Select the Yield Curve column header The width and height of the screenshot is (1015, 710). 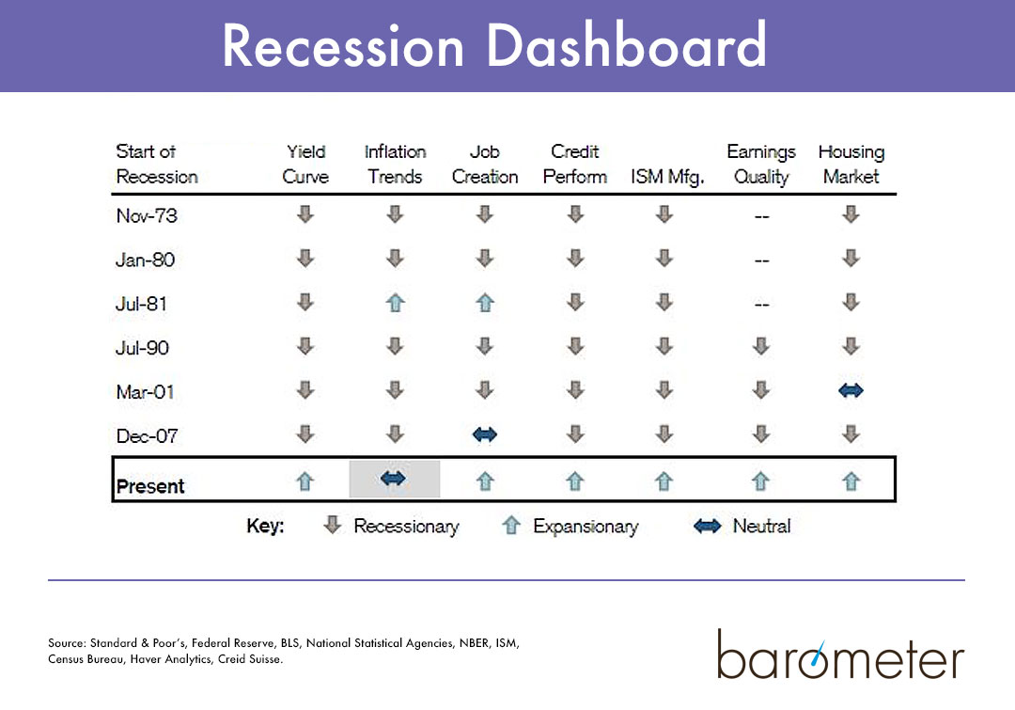(x=305, y=164)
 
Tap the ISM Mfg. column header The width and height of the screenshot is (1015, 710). (x=667, y=177)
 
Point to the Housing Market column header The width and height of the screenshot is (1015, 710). (x=851, y=164)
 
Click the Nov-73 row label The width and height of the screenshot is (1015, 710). (x=147, y=215)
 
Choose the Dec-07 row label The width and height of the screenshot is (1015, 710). (x=147, y=435)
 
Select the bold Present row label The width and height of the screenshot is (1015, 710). (x=150, y=486)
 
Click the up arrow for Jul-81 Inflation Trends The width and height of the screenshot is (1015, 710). (x=395, y=304)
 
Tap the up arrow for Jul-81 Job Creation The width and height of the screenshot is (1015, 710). (x=485, y=304)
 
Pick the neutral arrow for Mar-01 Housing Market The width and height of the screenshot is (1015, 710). (x=851, y=391)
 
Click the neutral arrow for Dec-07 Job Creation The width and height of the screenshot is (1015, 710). (x=485, y=434)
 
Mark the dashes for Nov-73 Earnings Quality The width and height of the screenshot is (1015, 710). (x=761, y=216)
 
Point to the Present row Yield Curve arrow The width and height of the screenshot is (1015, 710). (x=305, y=481)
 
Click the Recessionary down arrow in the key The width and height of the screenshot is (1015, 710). (x=332, y=526)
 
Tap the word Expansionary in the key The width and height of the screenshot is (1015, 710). (x=585, y=527)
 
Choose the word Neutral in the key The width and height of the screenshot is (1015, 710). (x=761, y=527)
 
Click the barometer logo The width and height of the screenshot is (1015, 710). (x=840, y=655)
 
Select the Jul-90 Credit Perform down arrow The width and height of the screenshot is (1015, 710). (x=575, y=347)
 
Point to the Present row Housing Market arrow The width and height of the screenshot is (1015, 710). (x=851, y=481)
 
